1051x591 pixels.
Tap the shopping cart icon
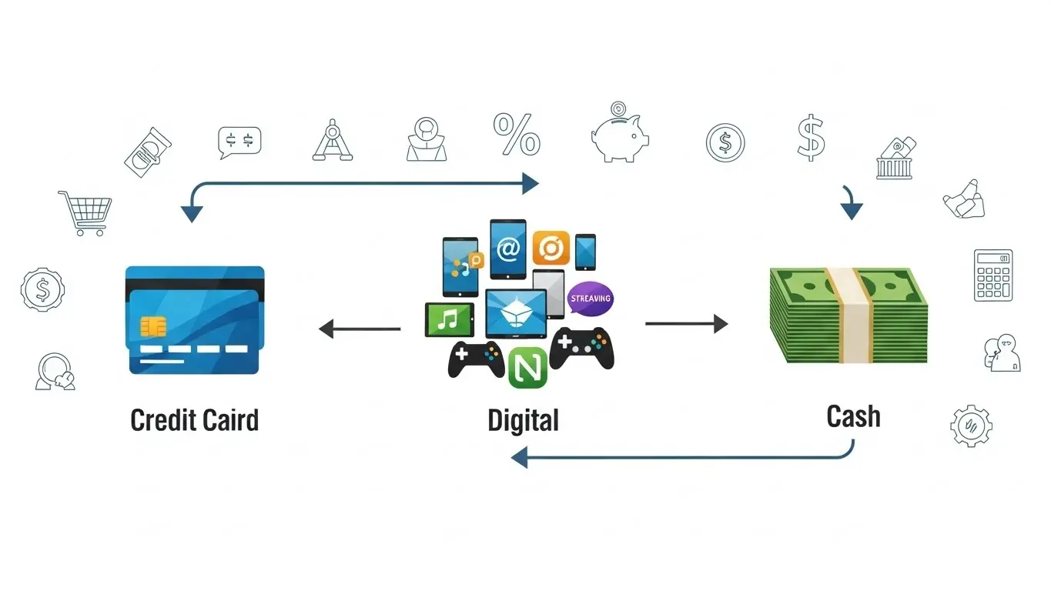(85, 212)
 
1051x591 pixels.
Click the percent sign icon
(517, 134)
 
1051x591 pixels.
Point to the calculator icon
(993, 275)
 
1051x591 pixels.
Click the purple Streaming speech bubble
(591, 299)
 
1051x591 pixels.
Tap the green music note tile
(448, 319)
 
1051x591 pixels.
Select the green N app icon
(527, 368)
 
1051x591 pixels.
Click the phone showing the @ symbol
(508, 249)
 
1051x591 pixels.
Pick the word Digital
(524, 421)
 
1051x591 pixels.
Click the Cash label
(853, 416)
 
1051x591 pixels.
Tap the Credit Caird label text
(195, 421)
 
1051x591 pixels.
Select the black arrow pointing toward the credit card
(360, 329)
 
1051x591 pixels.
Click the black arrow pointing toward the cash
(686, 324)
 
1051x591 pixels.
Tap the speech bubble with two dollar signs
(239, 142)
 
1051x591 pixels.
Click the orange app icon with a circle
(551, 249)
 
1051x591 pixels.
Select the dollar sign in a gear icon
(42, 289)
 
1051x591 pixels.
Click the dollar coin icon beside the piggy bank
(725, 142)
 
